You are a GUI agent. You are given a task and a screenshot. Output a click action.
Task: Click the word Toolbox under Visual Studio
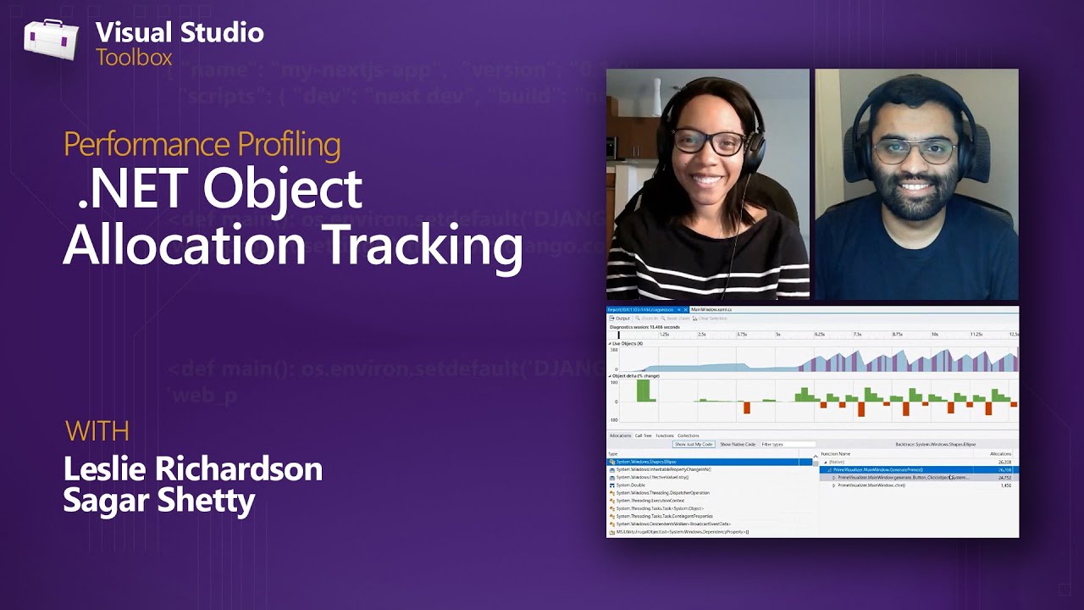pos(134,58)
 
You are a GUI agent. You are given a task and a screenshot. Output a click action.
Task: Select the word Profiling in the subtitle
pos(289,144)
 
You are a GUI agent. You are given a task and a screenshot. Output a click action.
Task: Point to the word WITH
pos(97,430)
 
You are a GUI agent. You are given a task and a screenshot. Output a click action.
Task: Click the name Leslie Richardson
pos(193,469)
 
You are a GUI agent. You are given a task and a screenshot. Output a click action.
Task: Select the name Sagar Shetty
pos(159,500)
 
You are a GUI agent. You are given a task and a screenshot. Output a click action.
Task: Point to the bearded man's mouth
pos(915,186)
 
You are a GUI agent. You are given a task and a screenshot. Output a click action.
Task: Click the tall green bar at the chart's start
pos(643,391)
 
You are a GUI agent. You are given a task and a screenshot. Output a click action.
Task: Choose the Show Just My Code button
pos(694,444)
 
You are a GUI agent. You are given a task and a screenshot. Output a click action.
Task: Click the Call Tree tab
pos(644,435)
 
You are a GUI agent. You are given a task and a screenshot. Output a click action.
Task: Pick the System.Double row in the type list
pos(631,485)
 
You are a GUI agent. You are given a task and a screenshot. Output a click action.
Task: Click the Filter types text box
pos(788,444)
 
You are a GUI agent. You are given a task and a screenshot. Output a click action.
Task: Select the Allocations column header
pos(1000,454)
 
